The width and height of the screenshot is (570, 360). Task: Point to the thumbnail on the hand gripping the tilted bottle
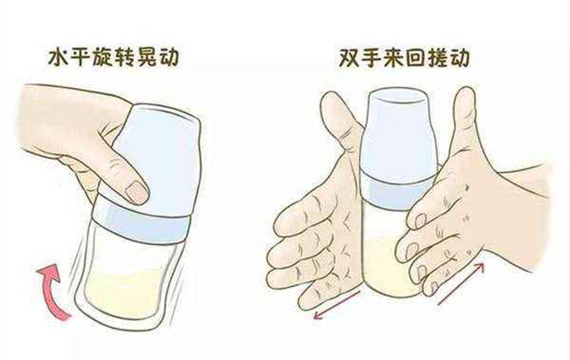pos(134,191)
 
